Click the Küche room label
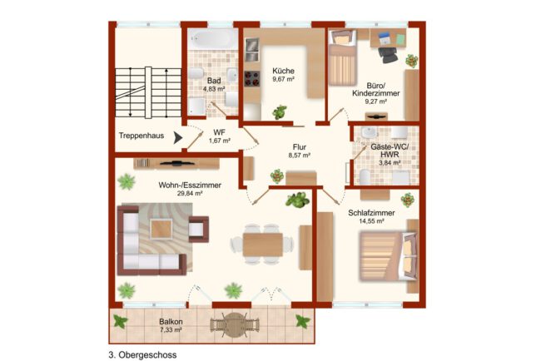point(283,71)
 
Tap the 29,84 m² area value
point(190,194)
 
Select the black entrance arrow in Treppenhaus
point(177,138)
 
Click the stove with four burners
point(252,79)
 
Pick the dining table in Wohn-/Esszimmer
point(262,245)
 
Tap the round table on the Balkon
point(235,324)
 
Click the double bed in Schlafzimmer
point(388,255)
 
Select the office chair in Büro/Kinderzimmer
point(388,54)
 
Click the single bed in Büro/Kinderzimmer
point(342,57)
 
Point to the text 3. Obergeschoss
point(142,355)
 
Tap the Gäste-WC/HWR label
point(390,151)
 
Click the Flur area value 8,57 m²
point(299,156)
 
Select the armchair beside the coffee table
point(198,230)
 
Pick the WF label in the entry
point(220,132)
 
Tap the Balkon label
point(171,322)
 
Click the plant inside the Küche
point(280,112)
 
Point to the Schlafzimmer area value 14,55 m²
point(371,221)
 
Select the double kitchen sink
point(252,50)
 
